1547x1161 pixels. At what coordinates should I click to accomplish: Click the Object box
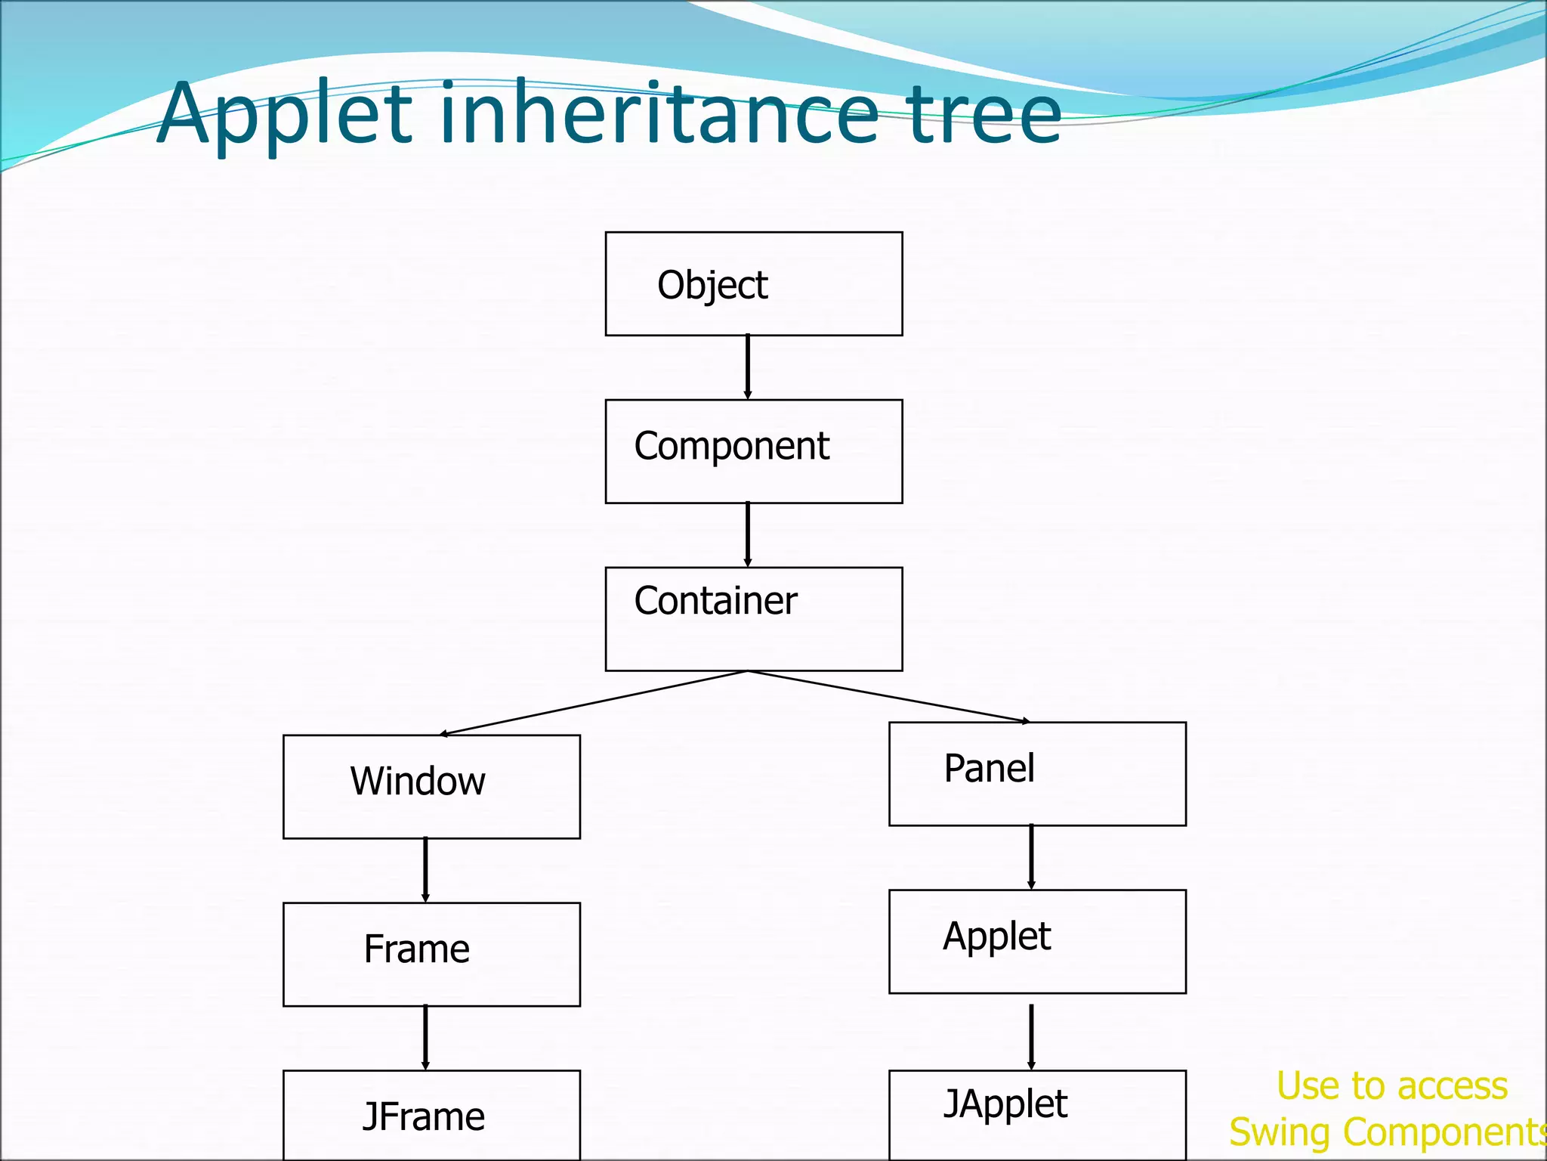tap(753, 283)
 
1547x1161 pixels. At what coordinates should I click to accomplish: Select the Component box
tap(753, 451)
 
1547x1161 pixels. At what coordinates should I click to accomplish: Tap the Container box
tap(753, 618)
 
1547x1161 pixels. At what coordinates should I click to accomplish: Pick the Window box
tap(431, 786)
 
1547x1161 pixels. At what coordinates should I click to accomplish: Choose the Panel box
tap(1037, 773)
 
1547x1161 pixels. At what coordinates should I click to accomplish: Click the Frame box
tap(431, 954)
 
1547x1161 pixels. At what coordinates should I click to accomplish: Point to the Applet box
tap(1037, 941)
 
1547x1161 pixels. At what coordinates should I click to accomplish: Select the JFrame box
tap(431, 1115)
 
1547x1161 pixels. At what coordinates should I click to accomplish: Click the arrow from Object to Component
tap(748, 367)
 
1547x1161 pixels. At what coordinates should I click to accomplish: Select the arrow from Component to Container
tap(748, 535)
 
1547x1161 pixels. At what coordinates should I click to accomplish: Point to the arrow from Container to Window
tap(594, 702)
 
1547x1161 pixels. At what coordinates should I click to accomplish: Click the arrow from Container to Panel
tap(889, 696)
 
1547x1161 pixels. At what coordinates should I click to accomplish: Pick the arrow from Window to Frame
tap(425, 870)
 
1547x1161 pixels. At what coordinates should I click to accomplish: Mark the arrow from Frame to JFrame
tap(425, 1038)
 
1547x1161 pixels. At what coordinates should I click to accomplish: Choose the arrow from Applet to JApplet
tap(1031, 1037)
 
